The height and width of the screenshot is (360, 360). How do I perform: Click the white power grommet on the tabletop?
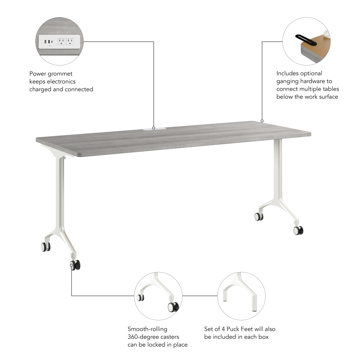click(154, 129)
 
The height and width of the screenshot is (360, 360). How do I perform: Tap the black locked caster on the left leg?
click(76, 266)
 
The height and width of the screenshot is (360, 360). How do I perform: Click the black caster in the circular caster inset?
click(173, 307)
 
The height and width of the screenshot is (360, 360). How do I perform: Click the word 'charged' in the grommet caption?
click(41, 89)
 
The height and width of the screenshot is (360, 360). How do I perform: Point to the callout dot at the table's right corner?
click(262, 121)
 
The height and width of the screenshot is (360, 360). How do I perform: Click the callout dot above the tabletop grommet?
click(154, 127)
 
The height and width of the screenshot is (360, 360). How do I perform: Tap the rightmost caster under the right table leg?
click(298, 230)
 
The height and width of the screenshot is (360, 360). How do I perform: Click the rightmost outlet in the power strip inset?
click(69, 42)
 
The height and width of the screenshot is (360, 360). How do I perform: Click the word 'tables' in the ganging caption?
click(331, 89)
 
